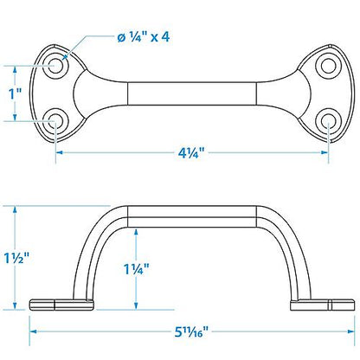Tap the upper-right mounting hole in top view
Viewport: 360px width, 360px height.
click(330, 64)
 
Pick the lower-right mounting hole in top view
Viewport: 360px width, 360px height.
click(330, 121)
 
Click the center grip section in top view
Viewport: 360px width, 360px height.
click(193, 93)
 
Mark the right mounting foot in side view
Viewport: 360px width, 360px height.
click(322, 303)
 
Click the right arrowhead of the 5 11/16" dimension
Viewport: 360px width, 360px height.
click(350, 331)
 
